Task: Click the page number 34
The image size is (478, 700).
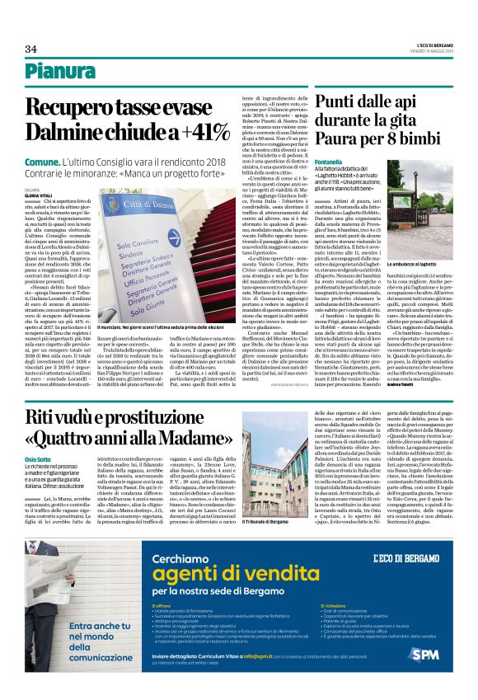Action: [x=31, y=49]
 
